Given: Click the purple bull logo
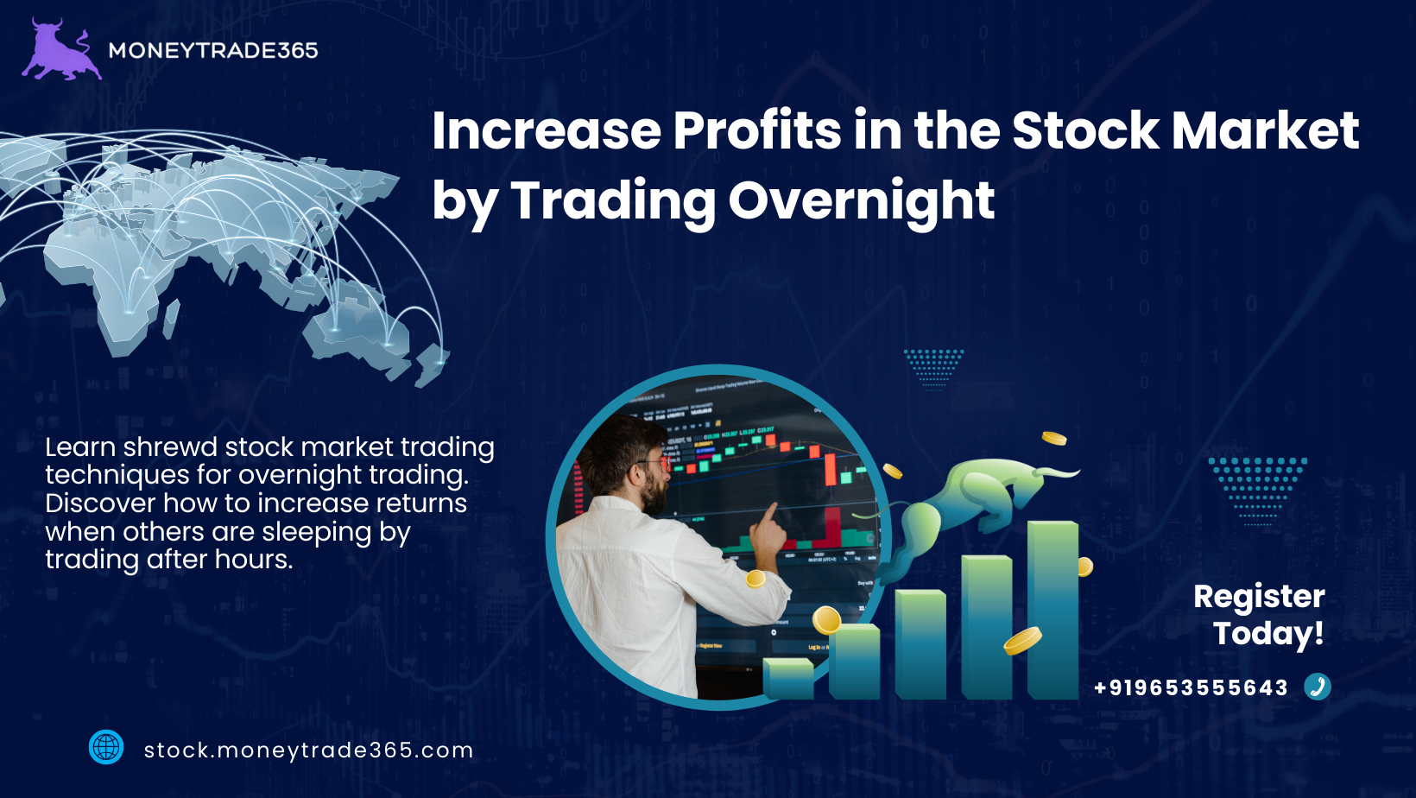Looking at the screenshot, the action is click(61, 51).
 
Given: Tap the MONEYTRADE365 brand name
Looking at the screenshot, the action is click(213, 51).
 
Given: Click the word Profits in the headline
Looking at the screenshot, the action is click(756, 131).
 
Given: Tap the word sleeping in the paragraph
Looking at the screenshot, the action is click(317, 532).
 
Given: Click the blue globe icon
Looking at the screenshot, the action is click(106, 747).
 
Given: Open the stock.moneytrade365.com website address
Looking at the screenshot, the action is click(308, 750).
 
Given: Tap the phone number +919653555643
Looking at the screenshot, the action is click(1191, 687).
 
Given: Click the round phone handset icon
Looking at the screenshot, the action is click(1318, 687).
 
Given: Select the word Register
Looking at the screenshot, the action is click(1259, 598).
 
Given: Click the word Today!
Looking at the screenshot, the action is click(1268, 634).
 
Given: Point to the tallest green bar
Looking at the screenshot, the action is click(1053, 611).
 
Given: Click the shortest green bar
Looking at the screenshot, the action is click(788, 679).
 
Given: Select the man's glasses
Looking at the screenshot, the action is click(654, 465).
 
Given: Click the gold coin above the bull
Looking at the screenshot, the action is click(1053, 438).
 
